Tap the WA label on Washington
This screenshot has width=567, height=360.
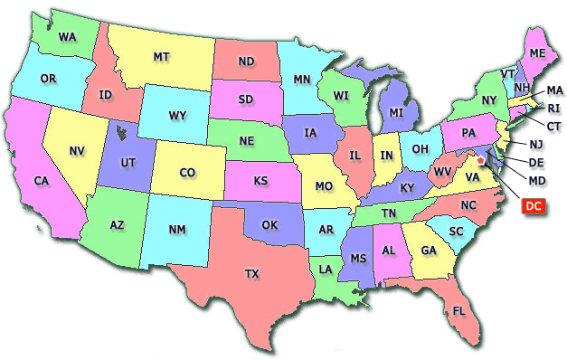click(67, 37)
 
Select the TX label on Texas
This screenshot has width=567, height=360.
click(252, 272)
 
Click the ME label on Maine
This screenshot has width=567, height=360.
click(538, 54)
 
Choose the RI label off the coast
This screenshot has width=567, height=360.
click(553, 108)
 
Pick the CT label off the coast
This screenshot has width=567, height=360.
click(553, 126)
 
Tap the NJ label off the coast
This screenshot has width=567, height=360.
click(535, 145)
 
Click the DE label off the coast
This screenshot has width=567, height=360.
click(535, 162)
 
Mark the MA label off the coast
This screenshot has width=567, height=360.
click(553, 90)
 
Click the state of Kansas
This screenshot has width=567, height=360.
click(260, 181)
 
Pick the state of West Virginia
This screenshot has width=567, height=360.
click(443, 170)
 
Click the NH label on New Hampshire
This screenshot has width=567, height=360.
click(521, 88)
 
